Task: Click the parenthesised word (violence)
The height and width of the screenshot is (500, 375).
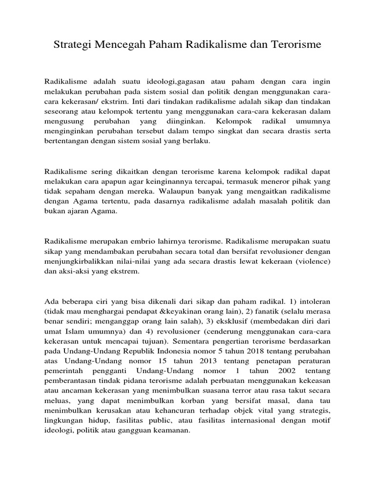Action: (x=313, y=262)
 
